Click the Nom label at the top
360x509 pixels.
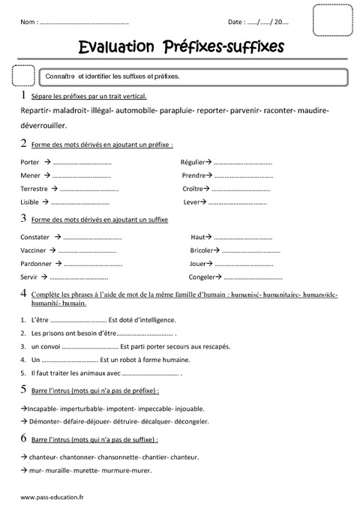(29, 23)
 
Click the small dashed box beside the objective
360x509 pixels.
(24, 76)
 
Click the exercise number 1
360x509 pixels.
(24, 96)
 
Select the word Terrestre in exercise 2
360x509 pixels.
(34, 189)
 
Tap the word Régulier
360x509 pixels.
(195, 162)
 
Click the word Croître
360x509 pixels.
(193, 189)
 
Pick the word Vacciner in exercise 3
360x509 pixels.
(34, 250)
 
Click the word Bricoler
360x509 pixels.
(202, 250)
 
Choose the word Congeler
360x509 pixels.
(203, 277)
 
